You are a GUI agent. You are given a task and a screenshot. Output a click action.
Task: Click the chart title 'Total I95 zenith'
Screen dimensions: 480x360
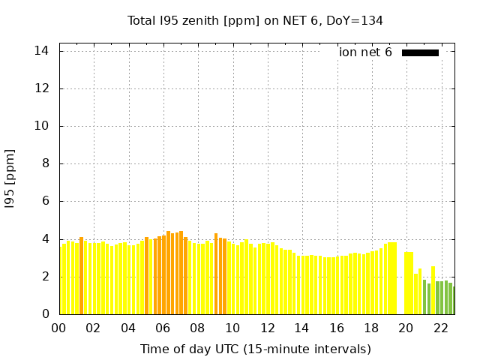pyautogui.click(x=173, y=21)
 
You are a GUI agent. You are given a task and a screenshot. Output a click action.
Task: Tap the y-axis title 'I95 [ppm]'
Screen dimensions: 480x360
pyautogui.click(x=10, y=179)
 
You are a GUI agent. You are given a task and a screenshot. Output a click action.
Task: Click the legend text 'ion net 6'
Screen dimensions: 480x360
pyautogui.click(x=365, y=52)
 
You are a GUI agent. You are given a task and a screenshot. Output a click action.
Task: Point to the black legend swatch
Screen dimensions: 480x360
pyautogui.click(x=420, y=53)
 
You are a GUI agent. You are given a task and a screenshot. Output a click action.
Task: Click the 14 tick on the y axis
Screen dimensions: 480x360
pyautogui.click(x=41, y=51)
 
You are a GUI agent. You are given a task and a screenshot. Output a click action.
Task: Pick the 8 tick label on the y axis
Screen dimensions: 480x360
pyautogui.click(x=45, y=163)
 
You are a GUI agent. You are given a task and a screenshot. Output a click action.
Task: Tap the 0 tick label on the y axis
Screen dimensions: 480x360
pyautogui.click(x=45, y=313)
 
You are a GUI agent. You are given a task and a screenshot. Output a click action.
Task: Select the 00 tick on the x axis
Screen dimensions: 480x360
pyautogui.click(x=58, y=328)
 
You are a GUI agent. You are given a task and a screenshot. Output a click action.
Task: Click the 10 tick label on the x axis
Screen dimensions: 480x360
pyautogui.click(x=232, y=328)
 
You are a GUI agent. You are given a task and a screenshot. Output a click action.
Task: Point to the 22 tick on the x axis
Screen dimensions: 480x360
pyautogui.click(x=441, y=328)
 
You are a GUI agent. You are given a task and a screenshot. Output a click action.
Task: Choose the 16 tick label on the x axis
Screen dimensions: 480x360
pyautogui.click(x=337, y=328)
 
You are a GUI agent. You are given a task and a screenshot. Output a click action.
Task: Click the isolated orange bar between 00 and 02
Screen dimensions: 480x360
pyautogui.click(x=81, y=275)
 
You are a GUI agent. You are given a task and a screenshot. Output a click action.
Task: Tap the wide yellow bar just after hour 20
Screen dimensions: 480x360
pyautogui.click(x=409, y=283)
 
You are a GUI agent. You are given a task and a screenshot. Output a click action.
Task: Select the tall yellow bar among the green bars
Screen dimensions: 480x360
pyautogui.click(x=433, y=290)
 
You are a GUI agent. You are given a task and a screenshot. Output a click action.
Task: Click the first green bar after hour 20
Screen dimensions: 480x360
pyautogui.click(x=424, y=297)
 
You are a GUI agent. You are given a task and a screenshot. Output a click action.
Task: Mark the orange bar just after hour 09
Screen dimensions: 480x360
pyautogui.click(x=216, y=274)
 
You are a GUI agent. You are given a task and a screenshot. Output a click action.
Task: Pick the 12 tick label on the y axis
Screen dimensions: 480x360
pyautogui.click(x=41, y=88)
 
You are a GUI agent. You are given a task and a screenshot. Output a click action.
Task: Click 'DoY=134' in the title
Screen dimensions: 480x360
pyautogui.click(x=355, y=21)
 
